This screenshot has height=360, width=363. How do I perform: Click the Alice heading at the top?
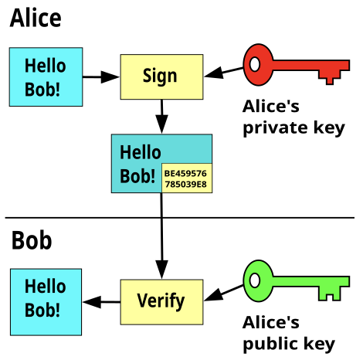(x=36, y=18)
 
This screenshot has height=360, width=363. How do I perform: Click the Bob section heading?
(x=32, y=240)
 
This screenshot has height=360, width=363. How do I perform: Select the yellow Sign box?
(x=161, y=76)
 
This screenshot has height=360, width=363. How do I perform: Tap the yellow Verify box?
(x=161, y=302)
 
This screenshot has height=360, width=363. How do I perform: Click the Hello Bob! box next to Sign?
(x=46, y=76)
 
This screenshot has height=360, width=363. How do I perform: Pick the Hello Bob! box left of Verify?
(x=46, y=302)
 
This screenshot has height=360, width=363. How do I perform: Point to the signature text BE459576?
(x=185, y=173)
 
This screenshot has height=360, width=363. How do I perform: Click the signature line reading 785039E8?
(x=185, y=185)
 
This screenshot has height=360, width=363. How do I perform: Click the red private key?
(x=296, y=65)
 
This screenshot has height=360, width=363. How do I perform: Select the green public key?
(x=296, y=280)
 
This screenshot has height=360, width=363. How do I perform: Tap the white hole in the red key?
(x=255, y=64)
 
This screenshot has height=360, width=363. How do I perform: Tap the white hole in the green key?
(x=255, y=280)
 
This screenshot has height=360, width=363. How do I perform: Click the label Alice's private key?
(x=293, y=117)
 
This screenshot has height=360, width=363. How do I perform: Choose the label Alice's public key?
(x=289, y=334)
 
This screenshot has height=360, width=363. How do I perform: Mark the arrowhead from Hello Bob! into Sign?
(x=110, y=76)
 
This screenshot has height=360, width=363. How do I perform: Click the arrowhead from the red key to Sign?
(x=214, y=73)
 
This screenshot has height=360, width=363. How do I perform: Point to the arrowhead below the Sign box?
(x=161, y=124)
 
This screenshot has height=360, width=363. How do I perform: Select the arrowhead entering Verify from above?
(x=161, y=270)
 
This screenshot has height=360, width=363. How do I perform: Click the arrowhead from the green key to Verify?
(x=214, y=295)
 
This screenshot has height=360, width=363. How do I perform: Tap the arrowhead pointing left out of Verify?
(x=92, y=302)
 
